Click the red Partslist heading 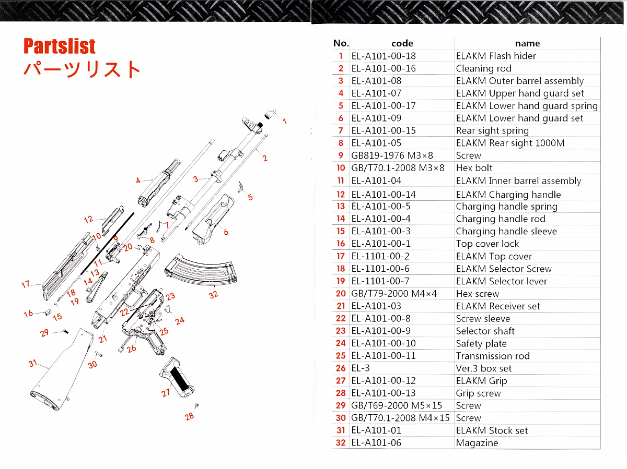pos(60,46)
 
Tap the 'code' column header pos(402,43)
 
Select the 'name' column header pos(527,43)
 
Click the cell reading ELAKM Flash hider pos(496,56)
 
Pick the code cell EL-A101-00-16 pos(384,68)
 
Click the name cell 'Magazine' pos(477,443)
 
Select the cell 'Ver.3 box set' pos(484,368)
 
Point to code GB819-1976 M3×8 pos(392,155)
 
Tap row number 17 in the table pos(341,256)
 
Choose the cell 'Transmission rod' pos(493,356)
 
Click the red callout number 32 pos(213,295)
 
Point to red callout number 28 pos(189,416)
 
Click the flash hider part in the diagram pos(269,114)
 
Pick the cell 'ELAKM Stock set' pos(492,430)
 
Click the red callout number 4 pos(138,181)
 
